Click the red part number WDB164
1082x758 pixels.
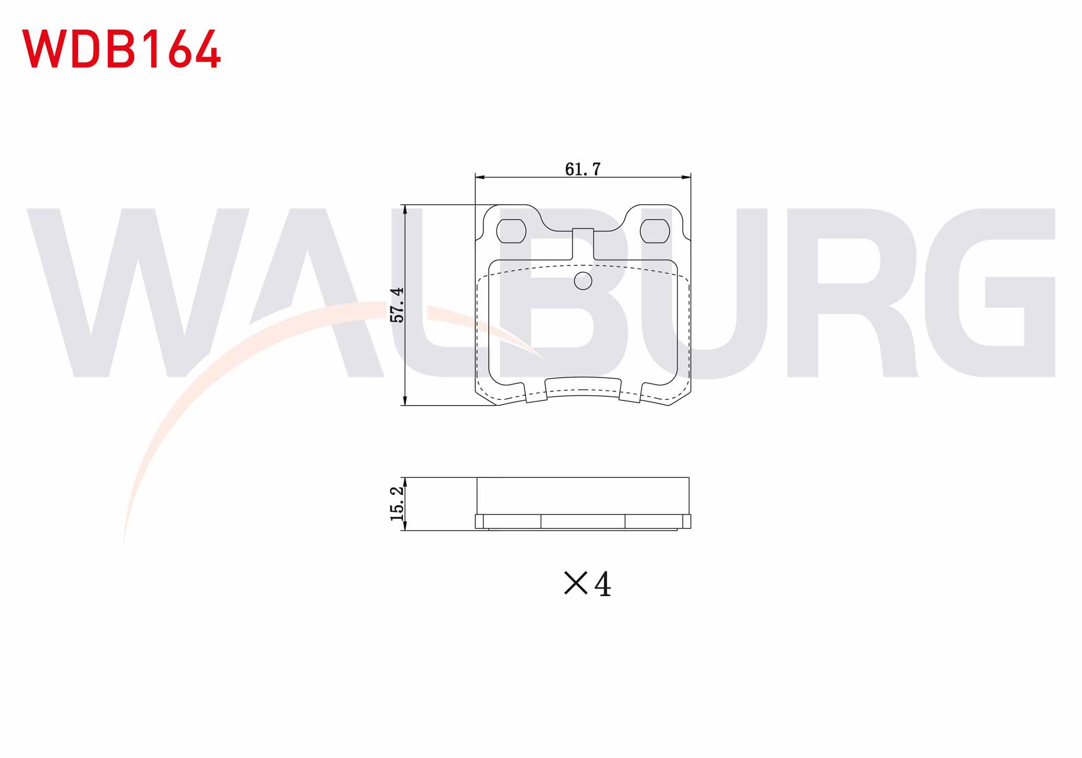(x=121, y=49)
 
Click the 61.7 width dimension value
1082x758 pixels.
(x=583, y=169)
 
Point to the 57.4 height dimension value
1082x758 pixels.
(x=398, y=305)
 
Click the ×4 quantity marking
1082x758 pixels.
(x=587, y=584)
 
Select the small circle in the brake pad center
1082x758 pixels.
(x=583, y=281)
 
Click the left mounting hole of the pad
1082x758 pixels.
(x=511, y=231)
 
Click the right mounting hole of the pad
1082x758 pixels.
(x=655, y=231)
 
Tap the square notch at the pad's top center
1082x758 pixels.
(x=583, y=243)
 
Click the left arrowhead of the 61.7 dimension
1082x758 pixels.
(x=481, y=178)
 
